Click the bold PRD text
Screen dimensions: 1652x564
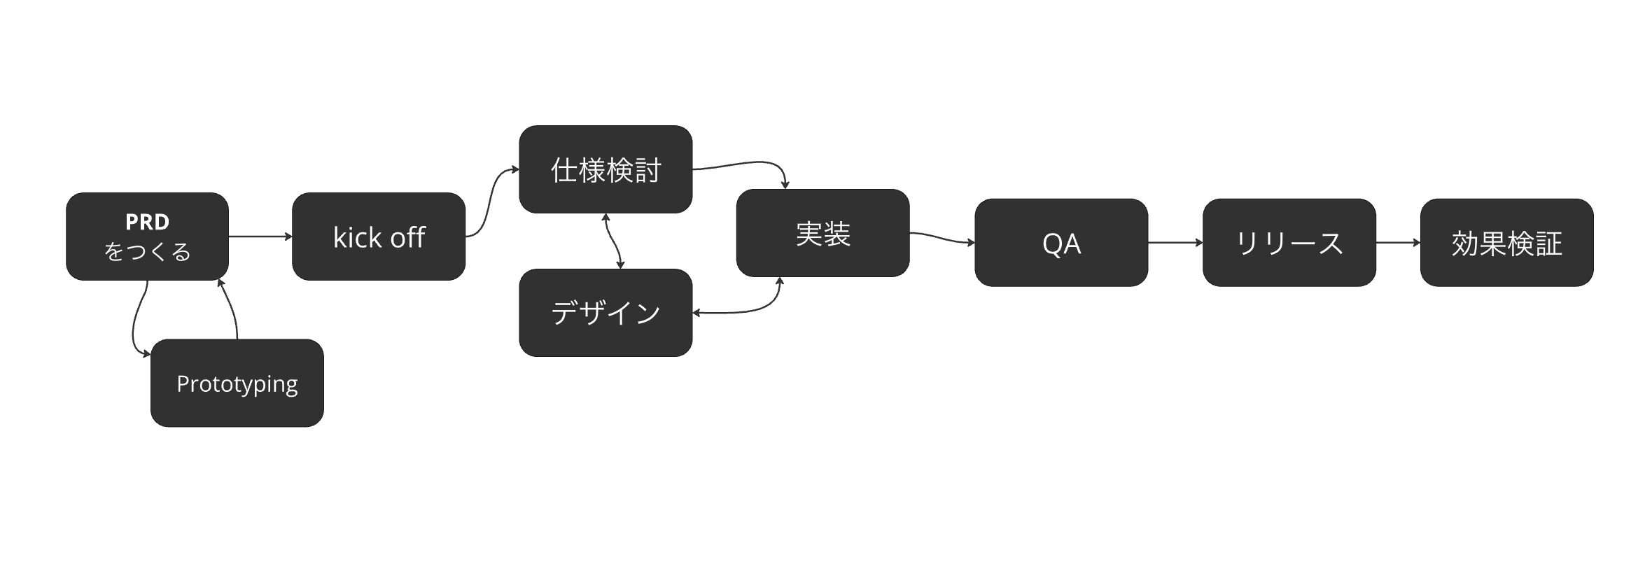(147, 222)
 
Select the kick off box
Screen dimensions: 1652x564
(379, 237)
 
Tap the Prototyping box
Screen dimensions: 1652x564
(237, 383)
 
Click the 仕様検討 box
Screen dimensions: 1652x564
(605, 169)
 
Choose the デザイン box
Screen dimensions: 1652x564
(605, 312)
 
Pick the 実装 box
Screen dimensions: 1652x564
(822, 233)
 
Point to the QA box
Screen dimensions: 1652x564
(1061, 242)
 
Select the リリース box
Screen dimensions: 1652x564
(1289, 242)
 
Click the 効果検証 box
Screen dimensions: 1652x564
(1507, 242)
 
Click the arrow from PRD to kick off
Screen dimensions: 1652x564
(260, 237)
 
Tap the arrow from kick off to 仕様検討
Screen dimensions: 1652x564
(492, 203)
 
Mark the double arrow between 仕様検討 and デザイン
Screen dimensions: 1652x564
(613, 241)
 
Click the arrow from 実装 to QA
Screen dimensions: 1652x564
(942, 238)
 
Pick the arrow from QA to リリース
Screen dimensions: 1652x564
(1175, 243)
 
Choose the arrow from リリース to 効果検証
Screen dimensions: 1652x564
(1398, 243)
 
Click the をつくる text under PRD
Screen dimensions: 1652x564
(147, 251)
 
